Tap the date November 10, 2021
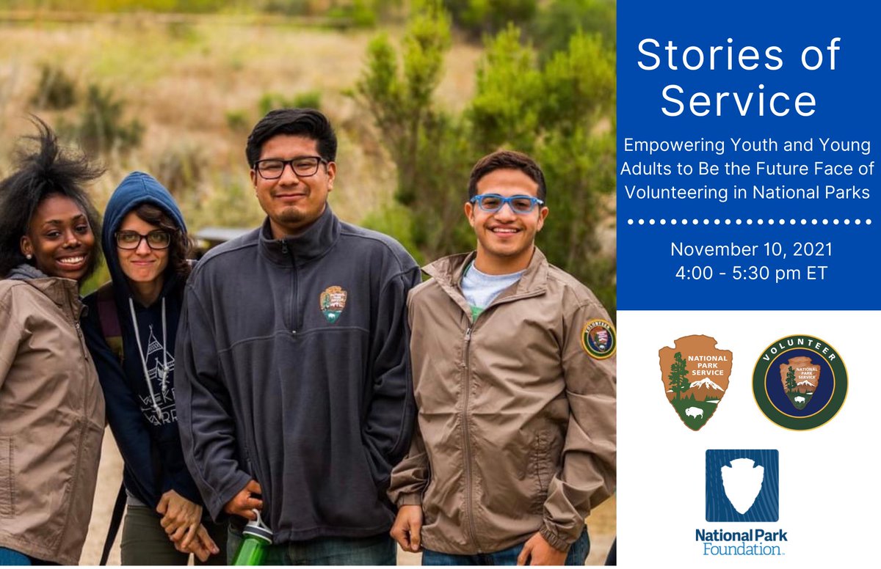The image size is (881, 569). click(x=751, y=249)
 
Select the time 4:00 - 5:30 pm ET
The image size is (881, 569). click(x=751, y=273)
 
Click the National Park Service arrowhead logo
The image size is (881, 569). click(x=695, y=382)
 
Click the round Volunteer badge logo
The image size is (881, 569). click(x=800, y=382)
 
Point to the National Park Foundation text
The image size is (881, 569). click(x=741, y=542)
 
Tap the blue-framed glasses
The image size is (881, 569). click(x=507, y=203)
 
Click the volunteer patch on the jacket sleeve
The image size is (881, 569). click(x=599, y=339)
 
